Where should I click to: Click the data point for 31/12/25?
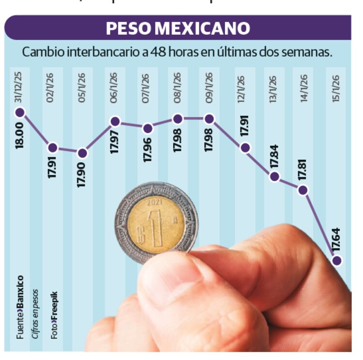(20, 113)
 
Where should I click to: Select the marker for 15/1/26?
(337, 261)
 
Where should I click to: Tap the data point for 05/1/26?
(82, 154)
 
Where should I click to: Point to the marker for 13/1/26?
(274, 176)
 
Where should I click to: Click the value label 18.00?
(20, 137)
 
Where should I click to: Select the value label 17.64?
(336, 239)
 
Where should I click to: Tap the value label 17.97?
(115, 141)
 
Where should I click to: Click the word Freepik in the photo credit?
(54, 303)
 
